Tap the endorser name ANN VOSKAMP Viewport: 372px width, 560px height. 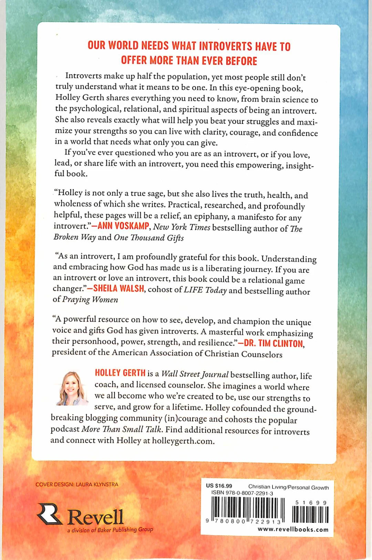tap(123, 226)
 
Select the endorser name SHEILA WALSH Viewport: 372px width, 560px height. tap(118, 288)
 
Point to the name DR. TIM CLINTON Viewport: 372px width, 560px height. tap(273, 343)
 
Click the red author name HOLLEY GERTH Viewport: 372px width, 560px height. tap(120, 373)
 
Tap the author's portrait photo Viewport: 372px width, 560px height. tap(72, 388)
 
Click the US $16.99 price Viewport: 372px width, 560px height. tap(219, 486)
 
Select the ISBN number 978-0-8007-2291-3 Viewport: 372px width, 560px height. tap(242, 493)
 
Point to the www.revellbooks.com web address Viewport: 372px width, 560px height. tap(293, 530)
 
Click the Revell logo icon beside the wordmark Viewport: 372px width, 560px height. tap(50, 514)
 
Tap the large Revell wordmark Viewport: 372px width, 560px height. tap(95, 517)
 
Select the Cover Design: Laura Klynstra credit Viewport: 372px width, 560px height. tap(77, 485)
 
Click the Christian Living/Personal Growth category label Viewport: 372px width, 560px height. tap(288, 487)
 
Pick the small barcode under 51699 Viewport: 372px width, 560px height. tap(310, 515)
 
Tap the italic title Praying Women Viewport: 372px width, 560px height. tap(90, 300)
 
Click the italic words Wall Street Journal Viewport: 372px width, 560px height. tap(195, 374)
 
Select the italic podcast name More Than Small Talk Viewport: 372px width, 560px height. tap(122, 429)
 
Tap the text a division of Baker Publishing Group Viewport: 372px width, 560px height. tap(110, 530)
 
